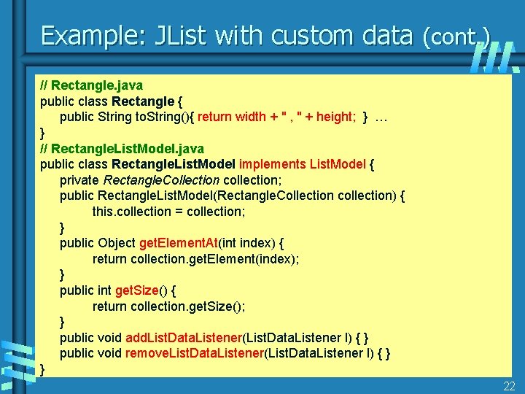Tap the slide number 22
(x=510, y=385)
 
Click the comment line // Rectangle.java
(x=91, y=85)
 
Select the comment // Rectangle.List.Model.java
(x=122, y=149)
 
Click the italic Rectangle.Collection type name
(x=162, y=179)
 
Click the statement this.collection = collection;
(x=168, y=212)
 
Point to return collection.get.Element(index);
(x=195, y=259)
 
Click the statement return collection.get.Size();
(x=177, y=306)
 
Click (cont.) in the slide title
(x=456, y=36)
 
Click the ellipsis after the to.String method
(x=381, y=117)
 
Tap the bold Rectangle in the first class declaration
(x=143, y=101)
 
